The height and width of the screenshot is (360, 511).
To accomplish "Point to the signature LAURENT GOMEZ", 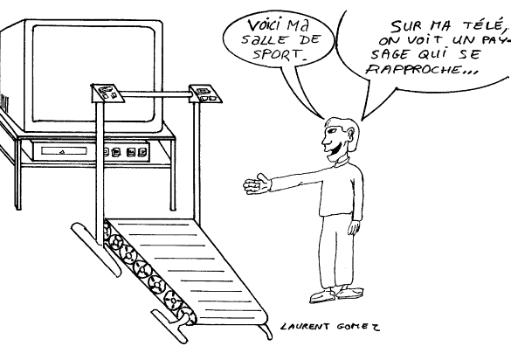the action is tap(330, 326).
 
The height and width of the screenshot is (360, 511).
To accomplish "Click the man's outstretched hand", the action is tap(257, 184).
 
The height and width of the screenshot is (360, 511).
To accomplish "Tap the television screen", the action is tap(93, 74).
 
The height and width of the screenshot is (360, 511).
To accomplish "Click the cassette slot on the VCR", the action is tap(64, 151).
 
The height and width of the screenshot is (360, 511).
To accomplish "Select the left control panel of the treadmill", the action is tap(107, 93).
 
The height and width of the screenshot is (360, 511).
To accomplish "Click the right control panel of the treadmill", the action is tap(205, 93).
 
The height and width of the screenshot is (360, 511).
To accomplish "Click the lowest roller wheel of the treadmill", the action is tap(185, 315).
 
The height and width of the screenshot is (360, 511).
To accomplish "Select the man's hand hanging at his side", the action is tap(354, 227).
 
